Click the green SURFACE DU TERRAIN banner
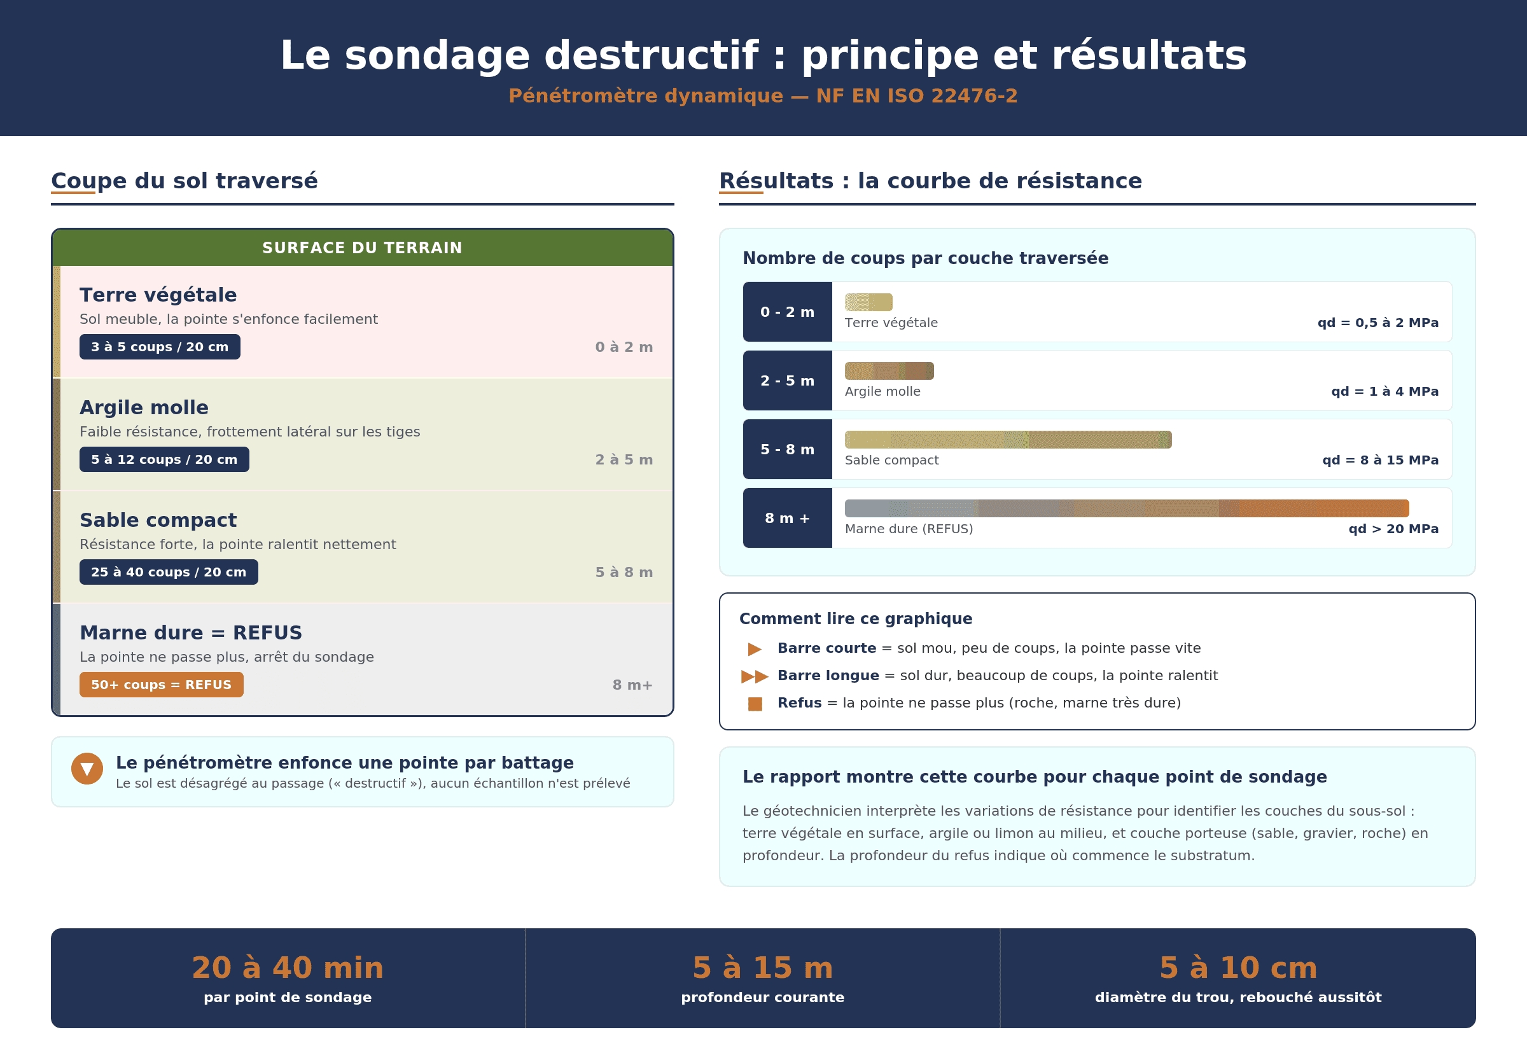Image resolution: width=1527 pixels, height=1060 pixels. click(x=362, y=248)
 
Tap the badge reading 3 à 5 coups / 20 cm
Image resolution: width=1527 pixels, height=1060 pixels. click(x=160, y=347)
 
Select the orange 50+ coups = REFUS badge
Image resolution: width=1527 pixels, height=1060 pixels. click(x=162, y=685)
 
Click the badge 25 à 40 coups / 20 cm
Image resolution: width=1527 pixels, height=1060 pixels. click(x=169, y=572)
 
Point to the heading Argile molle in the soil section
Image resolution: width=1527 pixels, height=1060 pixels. click(x=144, y=407)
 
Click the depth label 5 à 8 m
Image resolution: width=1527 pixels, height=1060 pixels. click(x=624, y=572)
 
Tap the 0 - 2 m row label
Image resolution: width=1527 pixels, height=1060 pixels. click(x=787, y=312)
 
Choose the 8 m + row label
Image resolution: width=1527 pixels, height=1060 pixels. click(x=787, y=518)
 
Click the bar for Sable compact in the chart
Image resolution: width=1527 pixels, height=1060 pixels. click(x=1008, y=440)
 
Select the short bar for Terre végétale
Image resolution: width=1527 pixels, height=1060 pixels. click(x=868, y=302)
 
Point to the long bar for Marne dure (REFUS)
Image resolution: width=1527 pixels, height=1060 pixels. click(x=1127, y=508)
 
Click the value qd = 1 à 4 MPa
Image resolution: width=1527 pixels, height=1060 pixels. click(x=1384, y=391)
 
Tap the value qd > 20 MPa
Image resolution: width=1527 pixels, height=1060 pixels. click(x=1393, y=529)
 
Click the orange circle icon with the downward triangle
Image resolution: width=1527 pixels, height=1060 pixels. click(x=87, y=769)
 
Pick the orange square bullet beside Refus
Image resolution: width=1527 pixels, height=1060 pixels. click(x=755, y=703)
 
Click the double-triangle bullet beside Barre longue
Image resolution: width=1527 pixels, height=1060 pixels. click(x=755, y=676)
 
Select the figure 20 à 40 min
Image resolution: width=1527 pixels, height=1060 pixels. click(x=288, y=968)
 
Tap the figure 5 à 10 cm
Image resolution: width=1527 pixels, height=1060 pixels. click(x=1238, y=968)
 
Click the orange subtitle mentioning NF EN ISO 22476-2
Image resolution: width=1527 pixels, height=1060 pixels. click(x=763, y=95)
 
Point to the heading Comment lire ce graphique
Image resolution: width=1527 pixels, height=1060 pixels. click(x=856, y=618)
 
